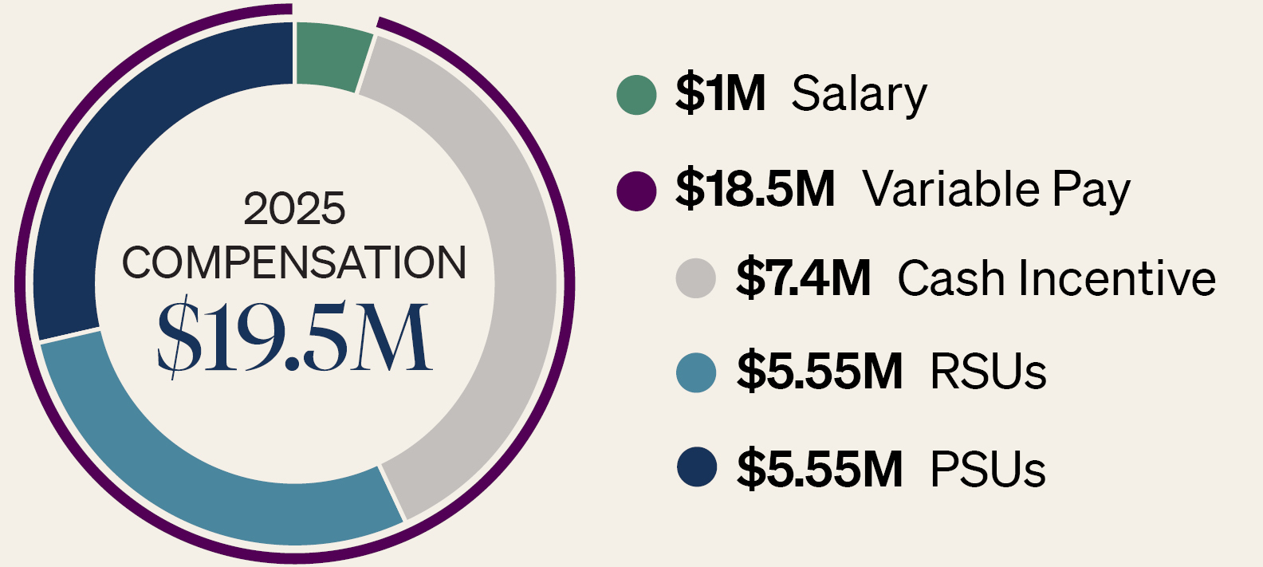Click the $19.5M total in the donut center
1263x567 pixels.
click(x=294, y=337)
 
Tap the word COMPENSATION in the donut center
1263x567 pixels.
click(x=294, y=262)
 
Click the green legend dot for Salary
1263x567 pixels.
click(x=636, y=95)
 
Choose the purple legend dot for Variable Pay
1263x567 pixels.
click(x=636, y=191)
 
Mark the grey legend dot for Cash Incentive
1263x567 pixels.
click(x=696, y=278)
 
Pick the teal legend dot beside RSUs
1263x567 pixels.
click(x=696, y=372)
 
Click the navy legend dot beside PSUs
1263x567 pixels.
click(x=697, y=467)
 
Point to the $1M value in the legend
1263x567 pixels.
click(x=720, y=93)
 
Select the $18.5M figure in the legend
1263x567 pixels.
click(x=755, y=190)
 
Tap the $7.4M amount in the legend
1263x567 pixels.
click(x=804, y=277)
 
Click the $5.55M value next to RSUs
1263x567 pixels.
click(x=820, y=372)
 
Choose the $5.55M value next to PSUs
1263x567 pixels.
click(x=820, y=467)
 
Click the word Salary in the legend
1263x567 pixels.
click(x=860, y=96)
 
